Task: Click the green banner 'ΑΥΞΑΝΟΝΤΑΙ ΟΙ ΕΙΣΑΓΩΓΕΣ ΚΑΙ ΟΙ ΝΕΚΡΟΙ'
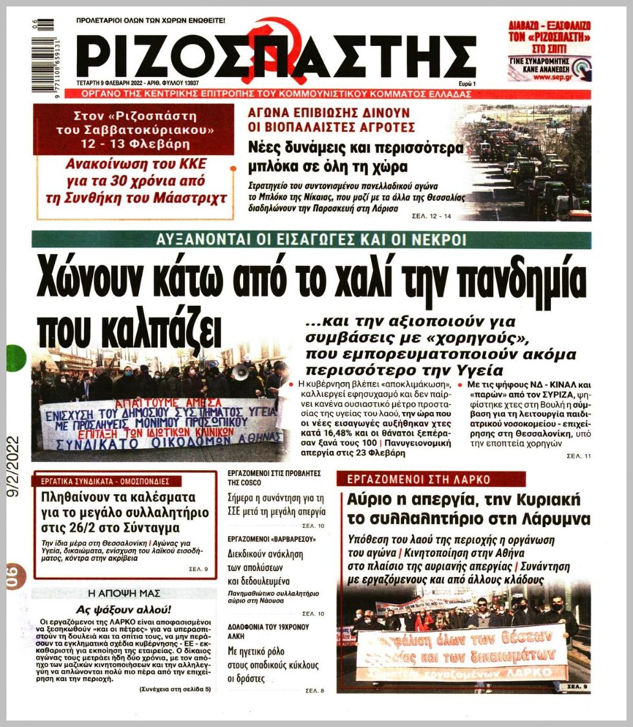[311, 241]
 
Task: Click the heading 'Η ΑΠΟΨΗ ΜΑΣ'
[123, 593]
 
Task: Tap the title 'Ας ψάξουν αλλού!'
[123, 609]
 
